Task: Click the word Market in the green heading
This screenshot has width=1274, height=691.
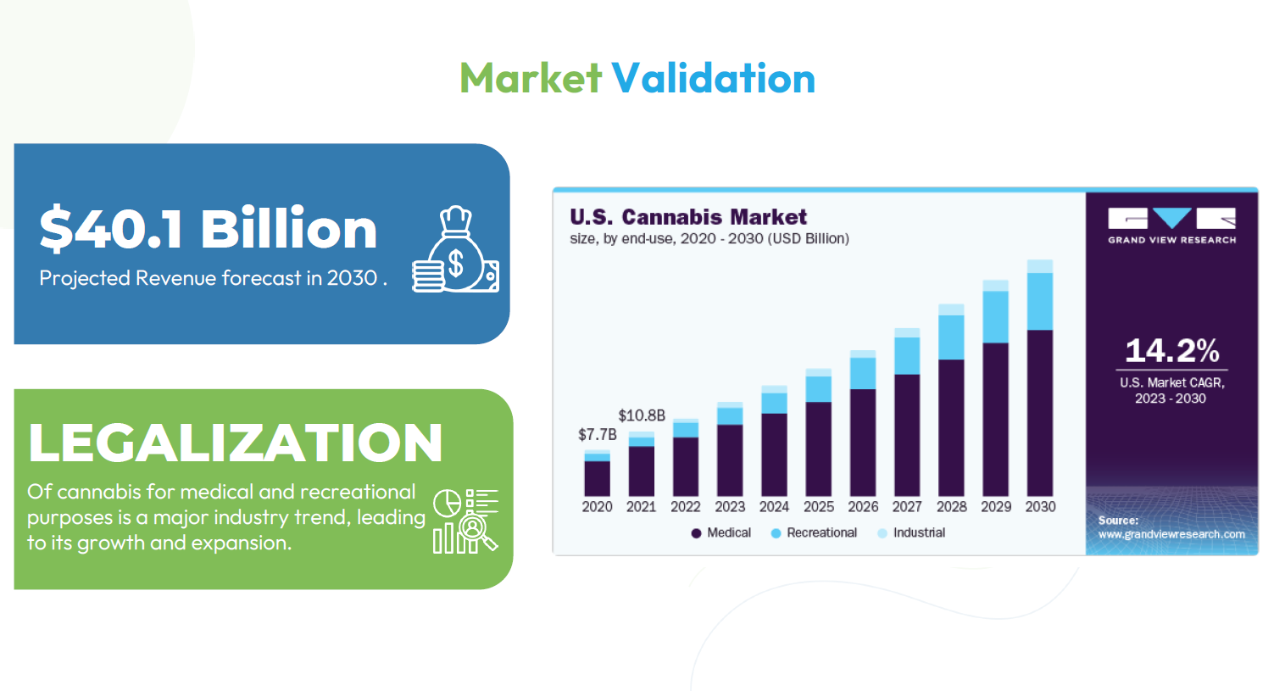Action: coord(530,78)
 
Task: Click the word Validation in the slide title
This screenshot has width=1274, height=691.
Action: coord(713,78)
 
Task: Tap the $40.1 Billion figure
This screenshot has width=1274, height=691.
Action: coord(209,229)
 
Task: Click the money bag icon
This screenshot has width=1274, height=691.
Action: coord(455,249)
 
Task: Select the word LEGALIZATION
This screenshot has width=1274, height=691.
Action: coord(235,443)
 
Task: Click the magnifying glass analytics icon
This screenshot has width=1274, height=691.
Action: coord(465,521)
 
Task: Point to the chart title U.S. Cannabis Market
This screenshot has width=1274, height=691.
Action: coord(688,217)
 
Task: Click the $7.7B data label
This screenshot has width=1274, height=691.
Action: coord(598,435)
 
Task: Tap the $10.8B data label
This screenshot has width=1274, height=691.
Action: coord(642,415)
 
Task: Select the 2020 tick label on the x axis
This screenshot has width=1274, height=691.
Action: coord(597,507)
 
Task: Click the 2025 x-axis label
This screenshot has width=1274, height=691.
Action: coord(819,507)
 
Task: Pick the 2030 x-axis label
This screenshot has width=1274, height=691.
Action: coord(1040,507)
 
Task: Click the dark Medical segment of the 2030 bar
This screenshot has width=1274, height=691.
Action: coord(1040,413)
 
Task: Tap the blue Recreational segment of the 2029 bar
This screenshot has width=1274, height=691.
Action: coord(995,317)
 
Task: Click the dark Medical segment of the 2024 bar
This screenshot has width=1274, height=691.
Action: coord(774,455)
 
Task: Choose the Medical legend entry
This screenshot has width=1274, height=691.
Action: coord(720,533)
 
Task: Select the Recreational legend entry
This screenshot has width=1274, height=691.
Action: coord(814,533)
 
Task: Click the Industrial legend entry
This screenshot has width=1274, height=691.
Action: coord(911,533)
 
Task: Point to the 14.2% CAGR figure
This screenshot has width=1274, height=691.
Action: coord(1171,350)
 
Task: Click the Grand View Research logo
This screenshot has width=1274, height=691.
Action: coord(1171,226)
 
